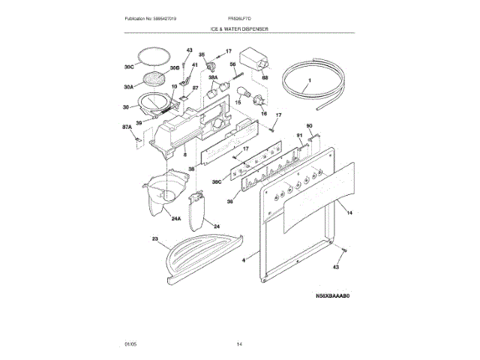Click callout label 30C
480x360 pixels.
click(x=128, y=67)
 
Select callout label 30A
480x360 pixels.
click(x=127, y=86)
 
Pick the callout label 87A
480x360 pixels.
click(x=127, y=127)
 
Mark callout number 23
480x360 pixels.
click(x=155, y=239)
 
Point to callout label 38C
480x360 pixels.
click(x=217, y=182)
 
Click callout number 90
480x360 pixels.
click(x=309, y=126)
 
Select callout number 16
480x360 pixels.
click(x=262, y=113)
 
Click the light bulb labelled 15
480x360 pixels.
click(x=244, y=94)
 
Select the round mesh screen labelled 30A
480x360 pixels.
click(x=154, y=78)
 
